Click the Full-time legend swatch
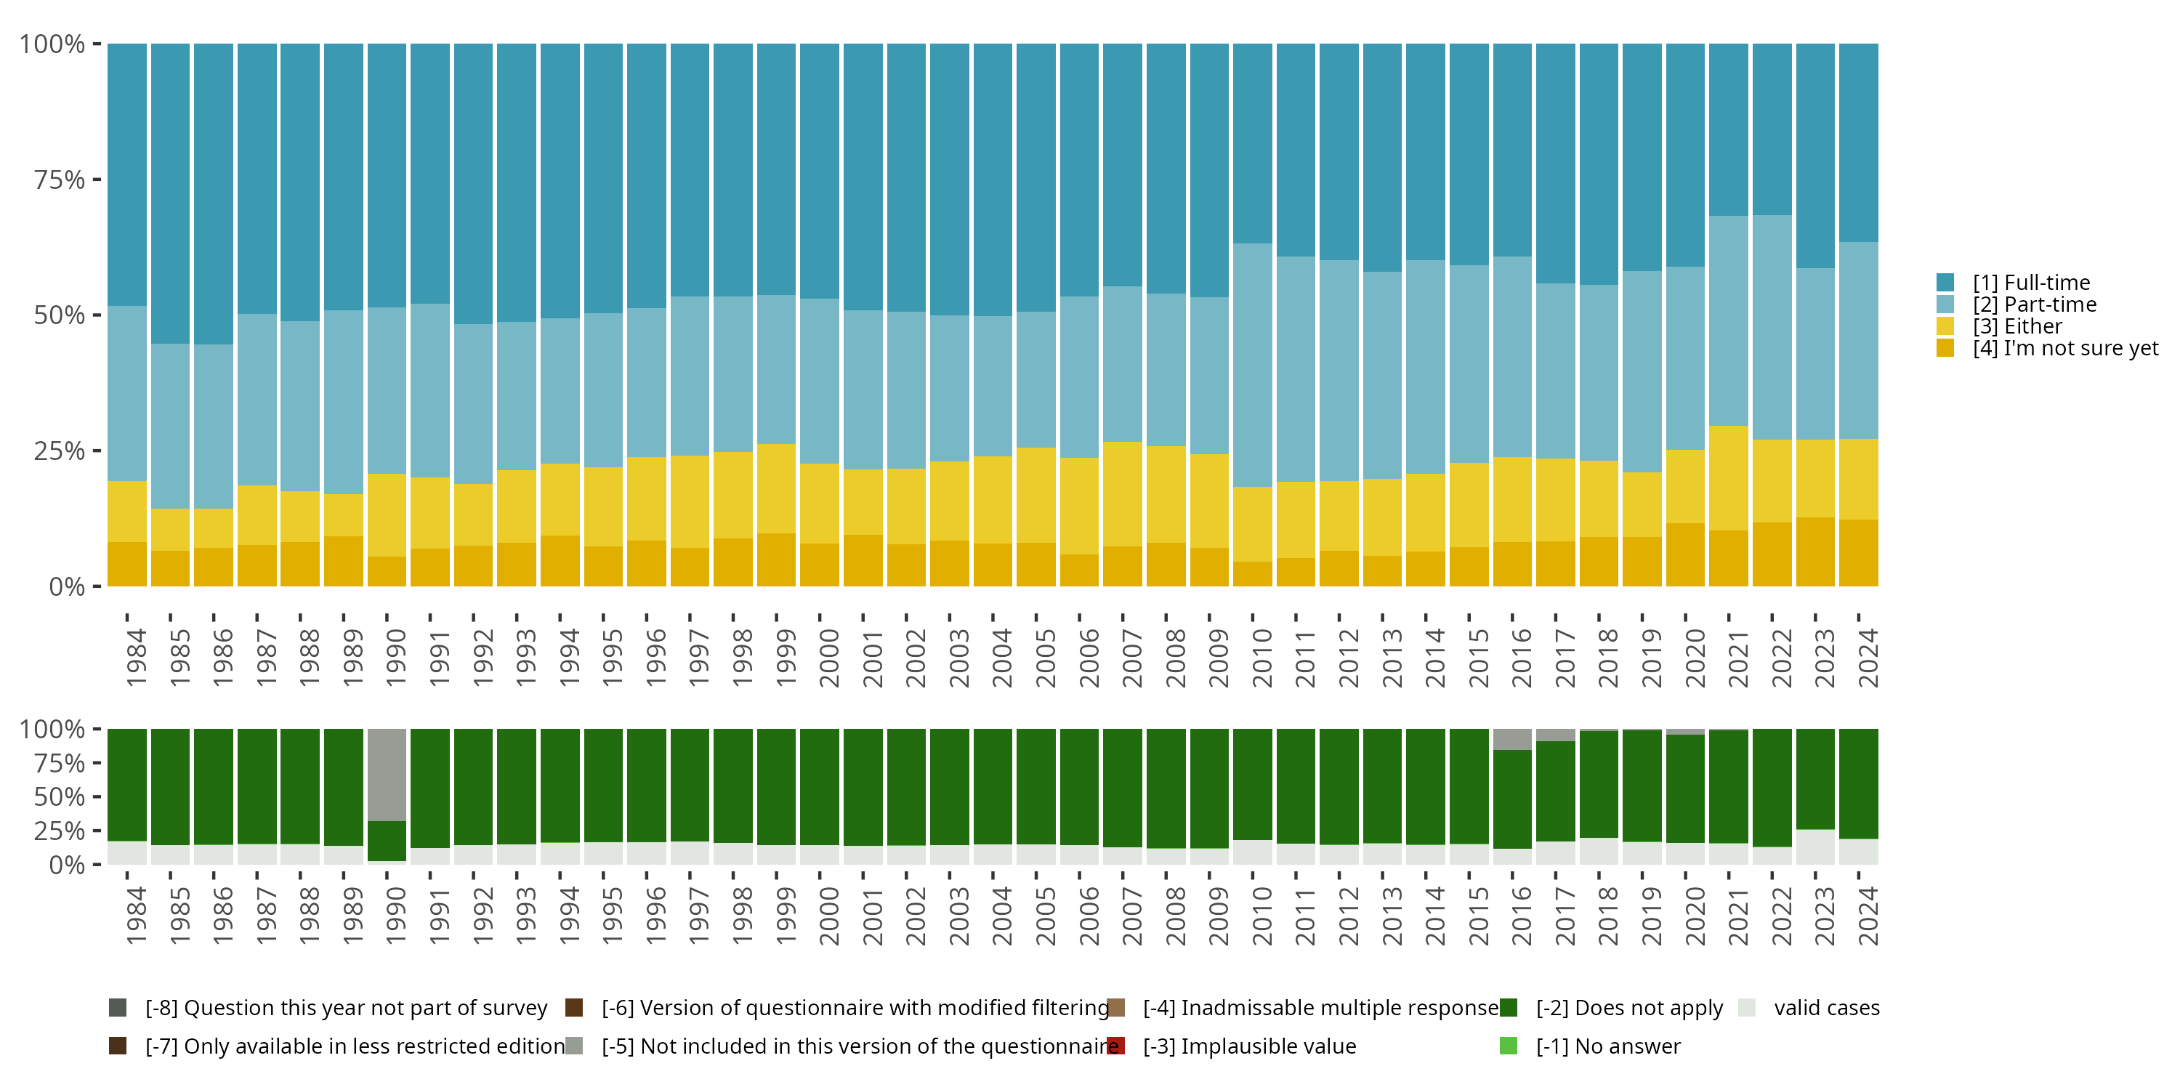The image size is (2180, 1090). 1945,283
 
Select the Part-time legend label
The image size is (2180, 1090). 2035,304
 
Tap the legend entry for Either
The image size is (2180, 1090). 2017,327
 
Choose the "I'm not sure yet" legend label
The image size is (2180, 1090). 2065,349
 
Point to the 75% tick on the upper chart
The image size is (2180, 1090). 60,179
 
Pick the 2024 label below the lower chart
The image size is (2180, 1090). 1868,916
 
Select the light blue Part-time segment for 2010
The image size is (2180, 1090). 1253,365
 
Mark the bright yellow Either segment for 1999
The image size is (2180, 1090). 776,488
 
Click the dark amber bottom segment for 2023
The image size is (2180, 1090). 1815,552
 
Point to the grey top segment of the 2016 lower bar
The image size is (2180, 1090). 1512,739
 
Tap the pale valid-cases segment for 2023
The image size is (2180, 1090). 1815,847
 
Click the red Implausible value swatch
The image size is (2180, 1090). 1116,1046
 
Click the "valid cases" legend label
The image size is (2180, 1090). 1826,1008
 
